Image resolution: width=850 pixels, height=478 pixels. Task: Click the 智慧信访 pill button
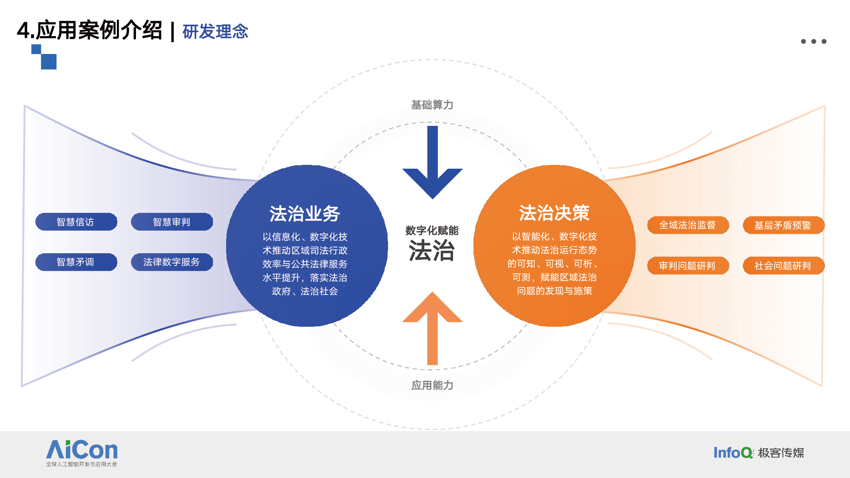click(76, 222)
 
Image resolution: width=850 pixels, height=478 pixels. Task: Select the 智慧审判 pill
click(172, 222)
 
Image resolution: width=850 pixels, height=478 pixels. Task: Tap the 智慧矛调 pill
click(76, 262)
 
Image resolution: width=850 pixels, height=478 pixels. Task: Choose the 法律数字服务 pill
click(172, 262)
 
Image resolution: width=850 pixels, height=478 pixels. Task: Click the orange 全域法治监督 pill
click(688, 225)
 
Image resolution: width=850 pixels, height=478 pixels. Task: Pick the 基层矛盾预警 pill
click(784, 225)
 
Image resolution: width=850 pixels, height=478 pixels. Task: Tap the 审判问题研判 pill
click(688, 266)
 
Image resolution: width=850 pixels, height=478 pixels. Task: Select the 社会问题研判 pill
click(784, 266)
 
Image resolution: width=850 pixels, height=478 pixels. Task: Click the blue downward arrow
click(433, 162)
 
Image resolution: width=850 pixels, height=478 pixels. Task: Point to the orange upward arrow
click(433, 328)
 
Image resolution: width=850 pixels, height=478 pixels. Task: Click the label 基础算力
click(432, 105)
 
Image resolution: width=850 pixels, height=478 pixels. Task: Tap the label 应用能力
click(432, 385)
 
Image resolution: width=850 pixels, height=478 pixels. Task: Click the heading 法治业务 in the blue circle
click(305, 214)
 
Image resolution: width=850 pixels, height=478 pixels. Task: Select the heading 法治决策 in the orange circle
click(554, 213)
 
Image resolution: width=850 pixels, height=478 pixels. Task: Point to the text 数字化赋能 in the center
click(432, 231)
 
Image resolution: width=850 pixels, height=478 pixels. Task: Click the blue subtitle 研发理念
click(215, 31)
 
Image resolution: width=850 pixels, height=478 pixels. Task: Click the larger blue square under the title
click(49, 62)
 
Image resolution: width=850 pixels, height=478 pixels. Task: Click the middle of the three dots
click(814, 41)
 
